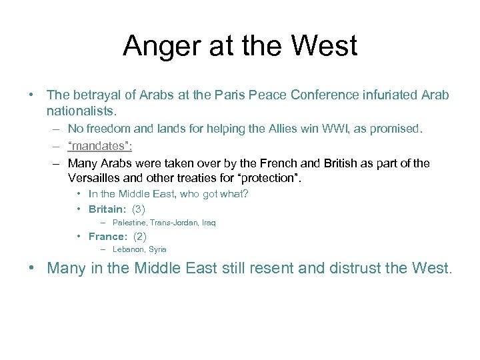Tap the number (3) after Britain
(x=139, y=209)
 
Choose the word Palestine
(x=129, y=223)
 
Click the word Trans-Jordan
(x=173, y=223)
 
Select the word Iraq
(x=208, y=223)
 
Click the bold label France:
(x=107, y=236)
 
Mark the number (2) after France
(x=140, y=236)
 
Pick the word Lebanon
(x=129, y=249)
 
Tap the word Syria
(x=158, y=249)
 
